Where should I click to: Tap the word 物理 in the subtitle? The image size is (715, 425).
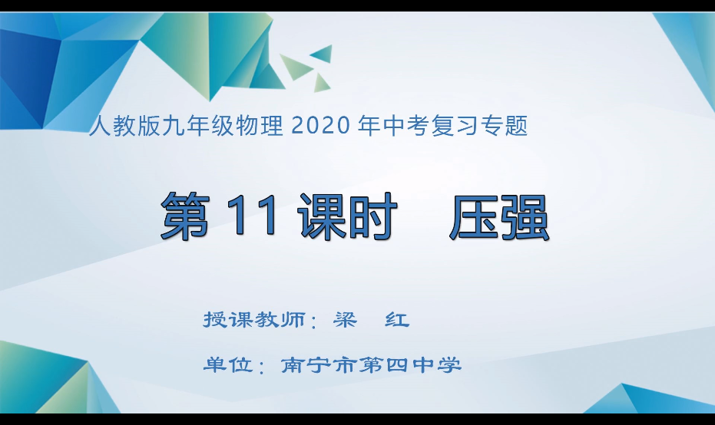click(x=264, y=125)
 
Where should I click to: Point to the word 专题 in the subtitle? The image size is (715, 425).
click(x=507, y=125)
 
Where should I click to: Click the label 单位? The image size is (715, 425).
click(x=227, y=365)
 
